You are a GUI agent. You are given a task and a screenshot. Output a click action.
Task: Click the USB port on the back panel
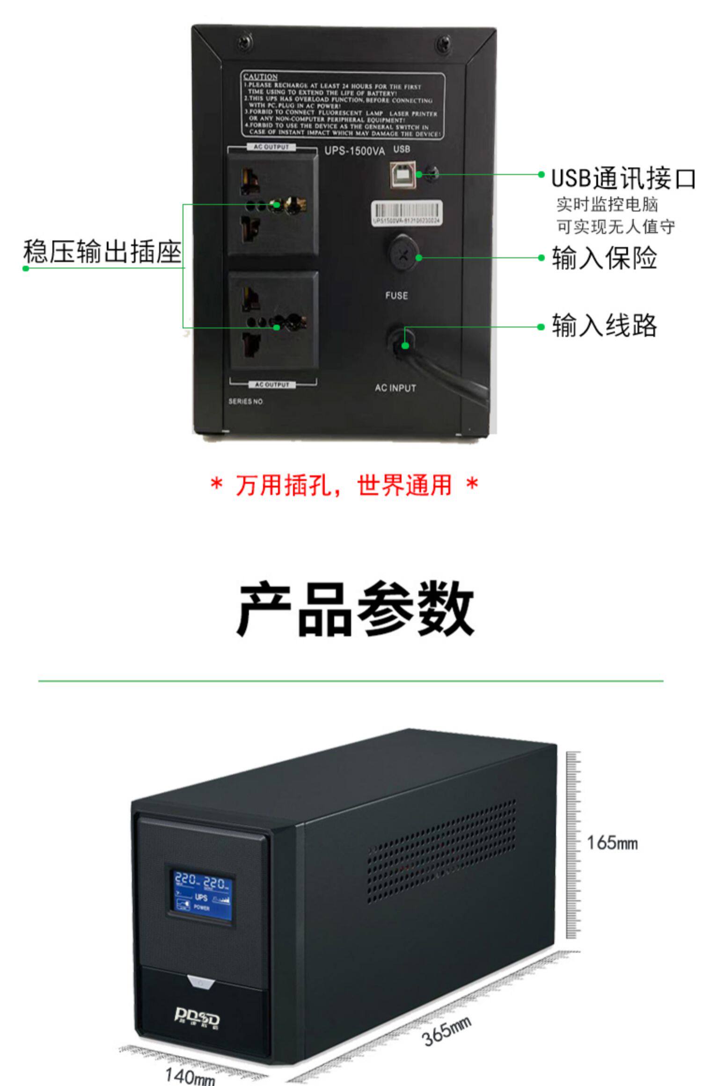pos(402,174)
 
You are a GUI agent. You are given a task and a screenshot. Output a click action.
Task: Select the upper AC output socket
pos(273,204)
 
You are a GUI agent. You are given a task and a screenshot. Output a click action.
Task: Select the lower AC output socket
pos(274,321)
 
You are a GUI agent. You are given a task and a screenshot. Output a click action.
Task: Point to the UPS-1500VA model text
pos(354,151)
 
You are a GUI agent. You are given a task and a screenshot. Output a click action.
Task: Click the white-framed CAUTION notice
pos(342,105)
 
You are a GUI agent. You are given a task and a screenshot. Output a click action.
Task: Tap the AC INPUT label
pos(395,388)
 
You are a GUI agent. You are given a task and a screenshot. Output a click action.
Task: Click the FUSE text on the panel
pos(396,296)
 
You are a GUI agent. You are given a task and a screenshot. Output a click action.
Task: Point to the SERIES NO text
pos(246,401)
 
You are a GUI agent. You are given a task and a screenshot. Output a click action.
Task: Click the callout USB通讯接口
pos(623,178)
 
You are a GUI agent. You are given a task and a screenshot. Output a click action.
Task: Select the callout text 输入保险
pos(604,258)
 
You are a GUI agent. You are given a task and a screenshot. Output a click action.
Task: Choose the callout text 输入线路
pos(604,326)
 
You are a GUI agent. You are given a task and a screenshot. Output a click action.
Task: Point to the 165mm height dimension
pos(612,843)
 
